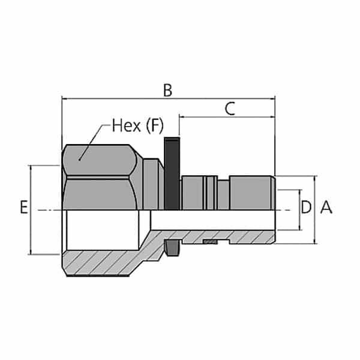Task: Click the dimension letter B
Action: point(169,90)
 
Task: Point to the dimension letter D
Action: point(306,208)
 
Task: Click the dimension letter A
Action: point(326,208)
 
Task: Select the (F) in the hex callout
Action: point(154,126)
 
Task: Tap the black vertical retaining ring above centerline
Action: point(172,174)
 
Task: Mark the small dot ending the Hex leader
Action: point(80,159)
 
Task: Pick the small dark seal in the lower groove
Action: point(209,242)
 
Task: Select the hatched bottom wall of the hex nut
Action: point(102,264)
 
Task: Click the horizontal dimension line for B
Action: point(120,98)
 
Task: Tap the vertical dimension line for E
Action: point(29,180)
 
